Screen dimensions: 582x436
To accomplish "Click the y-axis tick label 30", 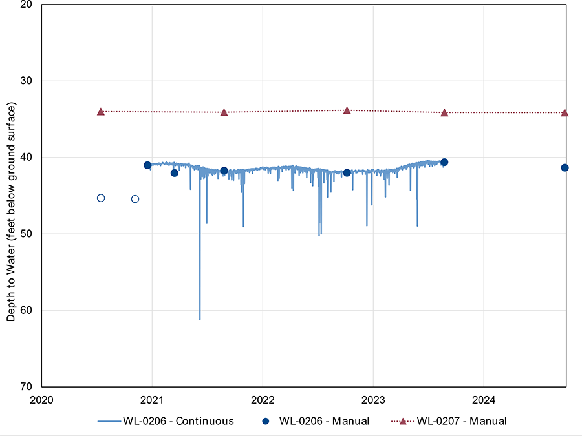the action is (26, 81).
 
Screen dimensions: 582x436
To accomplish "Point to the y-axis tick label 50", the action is (26, 234).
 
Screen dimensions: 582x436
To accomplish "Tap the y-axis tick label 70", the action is (26, 386).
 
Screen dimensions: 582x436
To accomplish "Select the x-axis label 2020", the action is (41, 400).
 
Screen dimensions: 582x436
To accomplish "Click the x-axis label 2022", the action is (263, 400).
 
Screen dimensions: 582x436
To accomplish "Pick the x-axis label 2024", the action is (484, 400).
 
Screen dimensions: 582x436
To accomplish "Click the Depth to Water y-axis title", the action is (11, 212).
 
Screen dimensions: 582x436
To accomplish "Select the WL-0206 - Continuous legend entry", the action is (166, 421).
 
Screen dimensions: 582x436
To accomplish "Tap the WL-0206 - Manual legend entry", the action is (316, 421).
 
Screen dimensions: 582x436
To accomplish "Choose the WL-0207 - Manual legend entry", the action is (449, 421).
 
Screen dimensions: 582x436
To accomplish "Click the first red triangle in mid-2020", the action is (101, 112).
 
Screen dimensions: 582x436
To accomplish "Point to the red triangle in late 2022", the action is (347, 110).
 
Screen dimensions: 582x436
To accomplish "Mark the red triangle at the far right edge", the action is (565, 112).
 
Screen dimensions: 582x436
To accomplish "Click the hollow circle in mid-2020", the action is (101, 198).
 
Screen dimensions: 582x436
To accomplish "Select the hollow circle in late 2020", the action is (135, 199).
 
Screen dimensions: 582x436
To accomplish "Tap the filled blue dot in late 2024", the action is (565, 167).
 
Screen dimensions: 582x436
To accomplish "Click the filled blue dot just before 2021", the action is (147, 165).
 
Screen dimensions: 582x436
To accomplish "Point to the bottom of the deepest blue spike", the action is (200, 319).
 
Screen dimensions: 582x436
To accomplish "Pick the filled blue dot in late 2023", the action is (444, 162).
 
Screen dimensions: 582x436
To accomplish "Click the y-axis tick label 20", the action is (26, 5).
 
